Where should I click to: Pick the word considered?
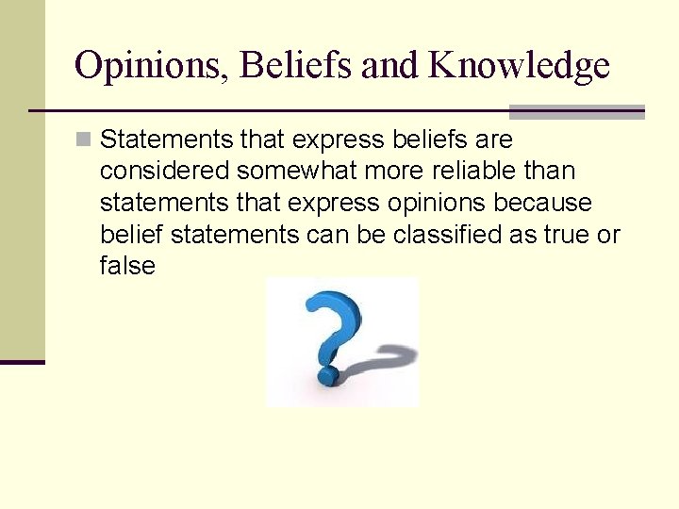164,172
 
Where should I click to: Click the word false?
126,266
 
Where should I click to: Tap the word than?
552,172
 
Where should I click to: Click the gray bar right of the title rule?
576,111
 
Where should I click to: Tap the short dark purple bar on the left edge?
23,362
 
